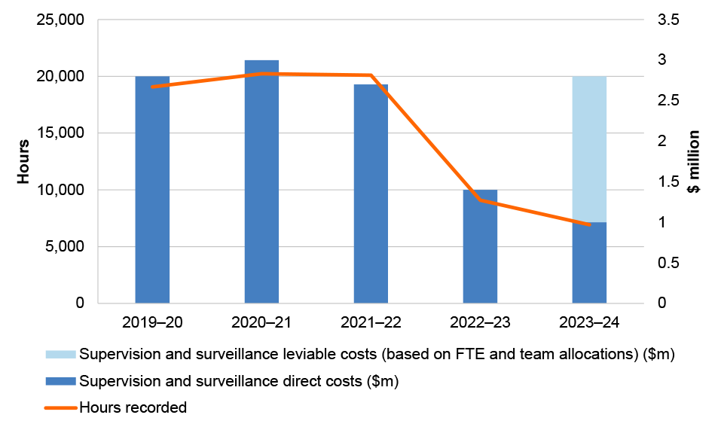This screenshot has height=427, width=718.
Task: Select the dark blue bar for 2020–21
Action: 261,181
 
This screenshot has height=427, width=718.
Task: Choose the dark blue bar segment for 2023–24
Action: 589,263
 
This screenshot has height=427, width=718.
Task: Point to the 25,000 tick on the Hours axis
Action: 60,20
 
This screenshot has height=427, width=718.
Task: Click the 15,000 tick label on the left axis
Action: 60,133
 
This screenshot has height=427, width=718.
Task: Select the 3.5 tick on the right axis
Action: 668,20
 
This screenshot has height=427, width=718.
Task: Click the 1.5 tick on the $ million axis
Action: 668,181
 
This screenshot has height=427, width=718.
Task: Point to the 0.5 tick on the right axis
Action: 668,263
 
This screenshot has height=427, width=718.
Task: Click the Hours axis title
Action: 24,161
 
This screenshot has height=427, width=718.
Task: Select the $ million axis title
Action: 694,161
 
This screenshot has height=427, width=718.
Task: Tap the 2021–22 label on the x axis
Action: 371,322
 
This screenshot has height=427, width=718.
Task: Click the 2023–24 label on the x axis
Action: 589,322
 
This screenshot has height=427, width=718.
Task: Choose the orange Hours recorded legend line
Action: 61,407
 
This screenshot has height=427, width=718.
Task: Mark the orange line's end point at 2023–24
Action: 589,224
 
